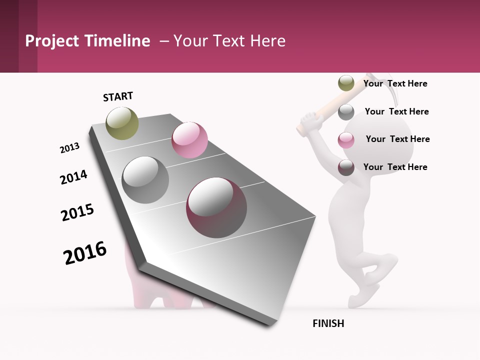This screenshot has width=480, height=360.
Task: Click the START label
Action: (118, 96)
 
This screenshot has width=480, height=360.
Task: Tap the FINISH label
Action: (328, 323)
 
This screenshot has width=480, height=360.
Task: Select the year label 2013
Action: (69, 148)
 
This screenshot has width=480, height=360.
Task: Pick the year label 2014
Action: (73, 177)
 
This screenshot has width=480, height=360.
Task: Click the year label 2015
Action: (77, 212)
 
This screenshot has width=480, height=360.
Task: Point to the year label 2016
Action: (85, 253)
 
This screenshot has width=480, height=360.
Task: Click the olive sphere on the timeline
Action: (122, 123)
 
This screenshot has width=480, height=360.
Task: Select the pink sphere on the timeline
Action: (189, 140)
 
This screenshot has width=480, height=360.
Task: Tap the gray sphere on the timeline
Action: (145, 179)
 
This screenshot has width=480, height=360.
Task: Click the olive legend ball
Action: (346, 83)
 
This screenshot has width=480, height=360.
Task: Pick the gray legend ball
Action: (346, 112)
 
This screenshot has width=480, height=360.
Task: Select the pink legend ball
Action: (346, 140)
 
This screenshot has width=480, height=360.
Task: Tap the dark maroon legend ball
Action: (346, 167)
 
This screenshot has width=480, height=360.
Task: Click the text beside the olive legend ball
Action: (395, 83)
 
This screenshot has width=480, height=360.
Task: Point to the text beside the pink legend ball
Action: (397, 139)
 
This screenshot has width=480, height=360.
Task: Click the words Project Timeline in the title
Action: (87, 41)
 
